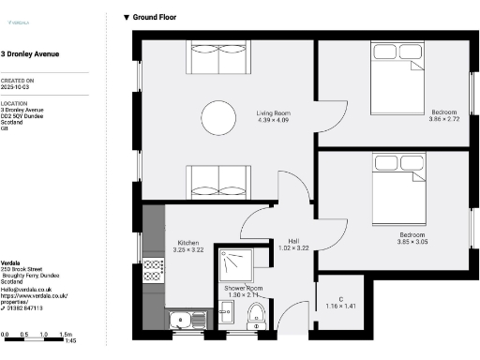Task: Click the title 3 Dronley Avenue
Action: (x=30, y=54)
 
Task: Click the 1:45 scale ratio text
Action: (x=70, y=341)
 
